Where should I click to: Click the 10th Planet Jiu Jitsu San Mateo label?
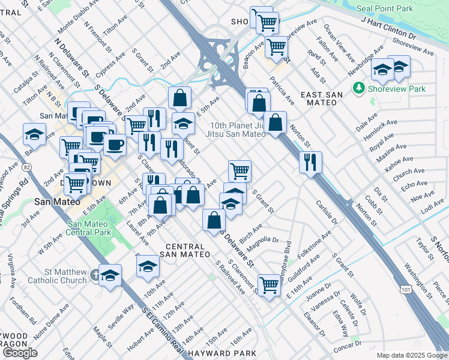[237, 130]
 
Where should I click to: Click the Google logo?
[20, 353]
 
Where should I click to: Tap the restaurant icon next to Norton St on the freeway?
[311, 161]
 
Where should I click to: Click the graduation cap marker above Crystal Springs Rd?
[35, 134]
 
